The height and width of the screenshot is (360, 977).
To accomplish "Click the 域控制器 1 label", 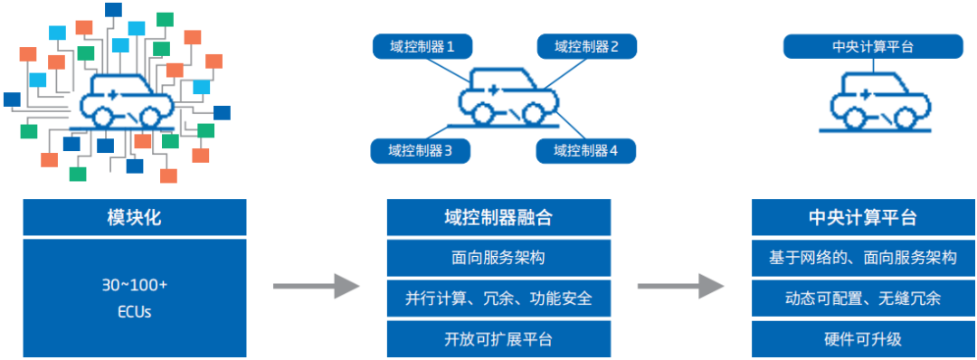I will point(421,47).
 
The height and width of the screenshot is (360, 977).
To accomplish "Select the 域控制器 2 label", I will point(586,47).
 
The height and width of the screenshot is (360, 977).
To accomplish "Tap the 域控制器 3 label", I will point(421,151).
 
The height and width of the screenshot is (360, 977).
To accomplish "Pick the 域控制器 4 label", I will point(586,151).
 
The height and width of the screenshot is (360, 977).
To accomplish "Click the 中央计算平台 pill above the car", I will point(872,47).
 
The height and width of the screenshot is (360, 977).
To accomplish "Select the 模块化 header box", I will point(134,218).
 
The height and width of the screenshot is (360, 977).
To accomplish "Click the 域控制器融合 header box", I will point(498,218).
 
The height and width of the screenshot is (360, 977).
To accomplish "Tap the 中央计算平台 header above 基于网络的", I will point(863,218).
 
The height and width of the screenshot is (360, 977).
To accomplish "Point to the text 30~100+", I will point(134,285).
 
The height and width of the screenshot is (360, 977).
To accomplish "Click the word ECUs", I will point(134,312).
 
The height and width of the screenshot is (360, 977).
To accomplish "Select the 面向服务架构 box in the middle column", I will point(498,258).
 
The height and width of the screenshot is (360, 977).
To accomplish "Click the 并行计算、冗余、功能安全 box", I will point(498,298).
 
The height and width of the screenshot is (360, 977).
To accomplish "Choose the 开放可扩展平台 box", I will point(498,339).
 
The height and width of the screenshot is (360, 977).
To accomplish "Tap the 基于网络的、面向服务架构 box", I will point(863,258).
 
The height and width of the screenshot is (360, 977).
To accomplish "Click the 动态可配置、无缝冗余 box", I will point(863,298).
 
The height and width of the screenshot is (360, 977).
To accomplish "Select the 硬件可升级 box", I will point(863,339).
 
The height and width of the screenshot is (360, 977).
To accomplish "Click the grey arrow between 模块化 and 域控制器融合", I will point(316,287).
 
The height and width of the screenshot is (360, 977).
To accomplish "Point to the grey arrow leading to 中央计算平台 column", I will point(680,287).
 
